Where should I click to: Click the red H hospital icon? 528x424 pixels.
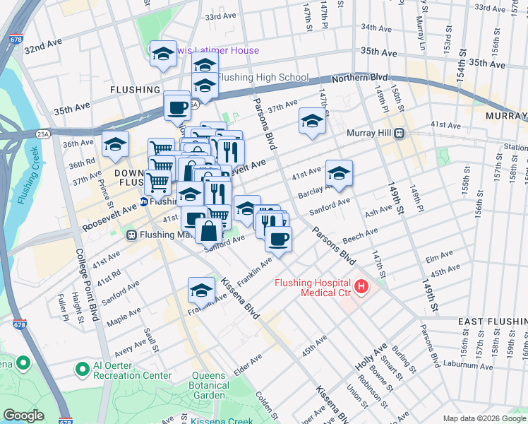click(362, 286)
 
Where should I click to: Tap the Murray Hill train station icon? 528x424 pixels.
click(399, 133)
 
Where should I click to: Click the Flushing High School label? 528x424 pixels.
click(263, 78)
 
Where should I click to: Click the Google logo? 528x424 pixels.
click(23, 416)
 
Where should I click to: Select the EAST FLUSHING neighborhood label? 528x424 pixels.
click(491, 322)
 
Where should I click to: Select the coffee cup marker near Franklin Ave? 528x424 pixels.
click(278, 240)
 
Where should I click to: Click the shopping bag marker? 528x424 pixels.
click(209, 230)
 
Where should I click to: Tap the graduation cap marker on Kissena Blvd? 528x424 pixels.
click(201, 290)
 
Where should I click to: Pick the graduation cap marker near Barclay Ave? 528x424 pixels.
click(339, 173)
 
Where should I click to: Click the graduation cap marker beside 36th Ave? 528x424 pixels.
click(115, 145)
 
